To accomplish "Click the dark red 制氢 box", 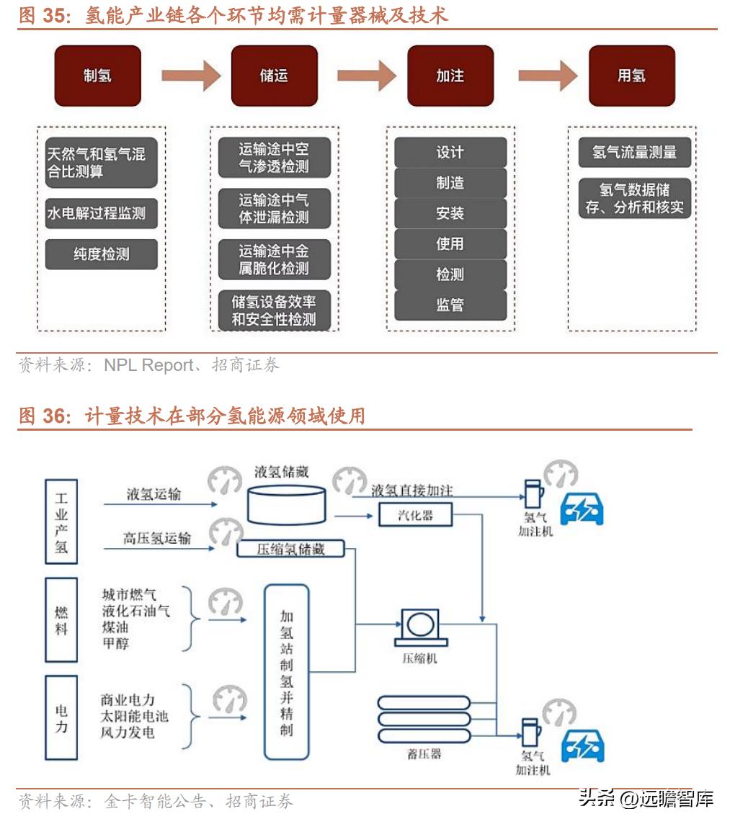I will [x=97, y=76].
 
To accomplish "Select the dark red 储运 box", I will [x=274, y=76].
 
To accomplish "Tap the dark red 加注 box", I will [x=450, y=76].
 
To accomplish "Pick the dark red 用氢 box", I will [x=631, y=76].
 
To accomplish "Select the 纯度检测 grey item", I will [x=101, y=255].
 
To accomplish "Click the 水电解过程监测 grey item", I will [x=101, y=213].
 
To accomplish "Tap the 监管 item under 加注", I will [x=450, y=305].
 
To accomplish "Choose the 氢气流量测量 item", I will [x=634, y=153].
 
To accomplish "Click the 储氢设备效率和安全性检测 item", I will [x=274, y=310].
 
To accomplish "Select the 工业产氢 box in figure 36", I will [x=61, y=522].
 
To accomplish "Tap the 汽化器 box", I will [x=415, y=514].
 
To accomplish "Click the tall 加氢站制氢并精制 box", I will [x=286, y=671].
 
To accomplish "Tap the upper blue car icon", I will [x=582, y=509].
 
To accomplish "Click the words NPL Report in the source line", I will [x=148, y=365].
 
